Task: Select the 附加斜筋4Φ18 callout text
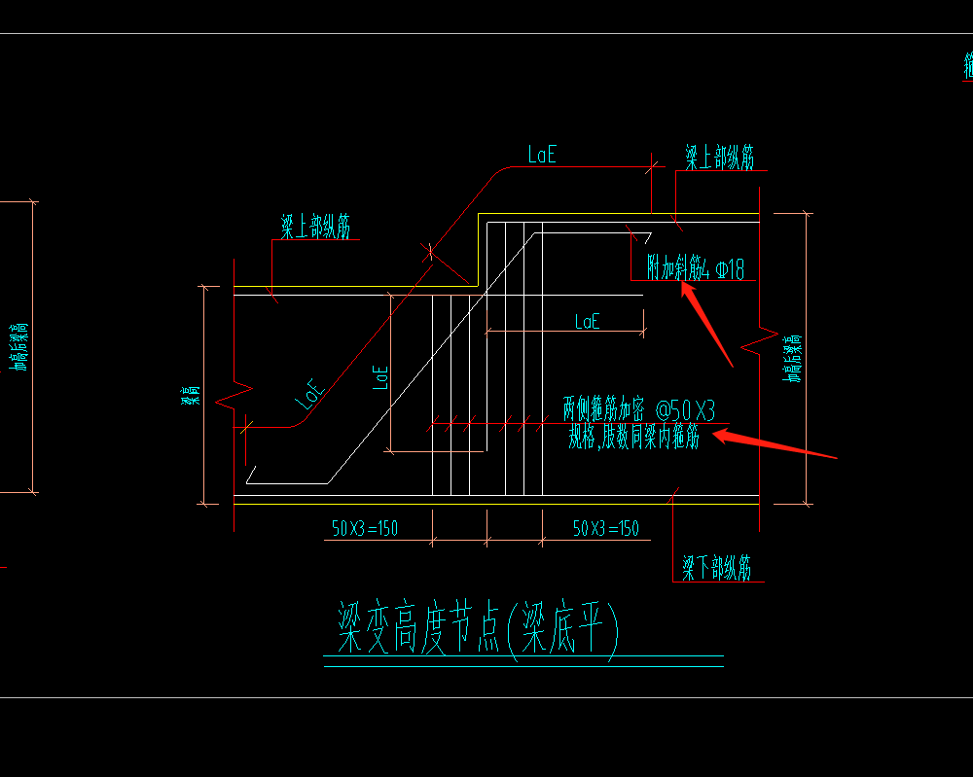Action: point(696,268)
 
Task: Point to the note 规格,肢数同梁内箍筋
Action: point(633,438)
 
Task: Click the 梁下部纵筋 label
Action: point(716,568)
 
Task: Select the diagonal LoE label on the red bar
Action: point(309,394)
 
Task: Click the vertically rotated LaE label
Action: point(381,377)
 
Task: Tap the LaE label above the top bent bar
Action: point(542,154)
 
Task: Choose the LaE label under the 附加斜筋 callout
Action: point(587,322)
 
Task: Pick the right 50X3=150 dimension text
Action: point(605,528)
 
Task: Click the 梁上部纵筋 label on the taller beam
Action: point(719,158)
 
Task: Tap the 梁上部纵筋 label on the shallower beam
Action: point(316,228)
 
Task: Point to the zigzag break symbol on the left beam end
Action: point(234,398)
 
